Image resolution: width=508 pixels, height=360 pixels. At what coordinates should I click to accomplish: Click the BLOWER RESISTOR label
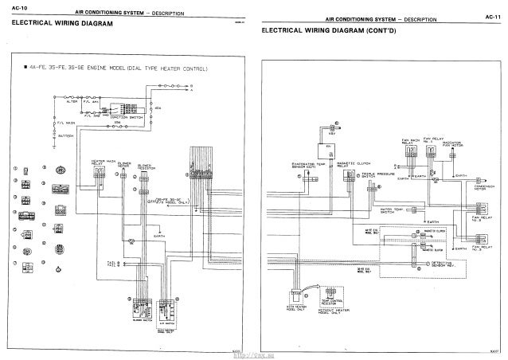pyautogui.click(x=146, y=167)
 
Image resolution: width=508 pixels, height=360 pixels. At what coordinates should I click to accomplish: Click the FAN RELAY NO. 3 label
pyautogui.click(x=480, y=249)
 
